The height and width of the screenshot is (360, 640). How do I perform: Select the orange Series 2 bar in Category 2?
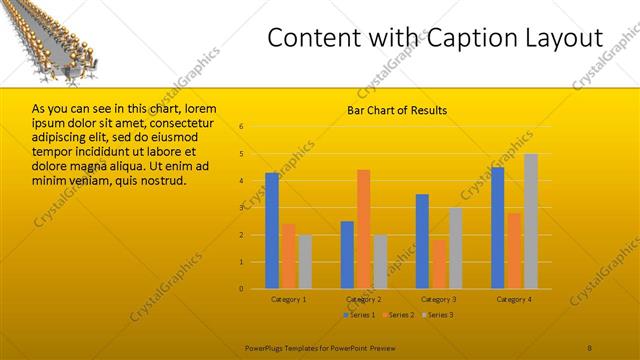[x=363, y=229]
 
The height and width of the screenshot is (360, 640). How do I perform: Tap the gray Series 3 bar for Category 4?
[x=530, y=221]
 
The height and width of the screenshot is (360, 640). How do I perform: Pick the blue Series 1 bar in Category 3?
[x=422, y=241]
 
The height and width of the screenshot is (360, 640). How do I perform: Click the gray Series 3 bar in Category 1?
[x=304, y=261]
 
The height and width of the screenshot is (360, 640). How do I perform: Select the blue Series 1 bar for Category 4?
[x=497, y=228]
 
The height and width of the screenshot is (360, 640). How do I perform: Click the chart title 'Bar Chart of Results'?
[x=397, y=110]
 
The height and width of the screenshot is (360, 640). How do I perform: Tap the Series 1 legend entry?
[x=358, y=315]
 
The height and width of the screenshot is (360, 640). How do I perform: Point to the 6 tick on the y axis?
[x=241, y=126]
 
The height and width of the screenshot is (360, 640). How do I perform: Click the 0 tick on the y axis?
[x=241, y=289]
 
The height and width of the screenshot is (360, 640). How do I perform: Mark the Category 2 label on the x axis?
[x=363, y=299]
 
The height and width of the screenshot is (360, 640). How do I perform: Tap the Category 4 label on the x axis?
[x=514, y=299]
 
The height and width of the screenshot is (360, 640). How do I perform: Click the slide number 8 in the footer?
[x=589, y=346]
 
